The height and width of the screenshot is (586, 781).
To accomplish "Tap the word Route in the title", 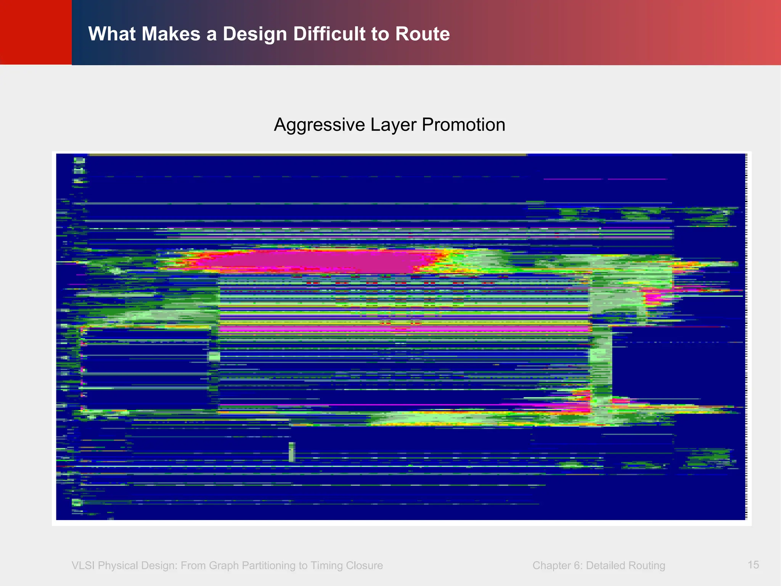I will pyautogui.click(x=423, y=34).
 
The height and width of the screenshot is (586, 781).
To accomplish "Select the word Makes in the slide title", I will pyautogui.click(x=171, y=34).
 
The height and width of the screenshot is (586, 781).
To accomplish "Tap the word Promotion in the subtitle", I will pyautogui.click(x=463, y=125).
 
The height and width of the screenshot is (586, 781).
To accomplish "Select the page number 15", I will pyautogui.click(x=753, y=565).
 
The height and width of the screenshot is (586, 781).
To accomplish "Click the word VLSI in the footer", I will pyautogui.click(x=83, y=566).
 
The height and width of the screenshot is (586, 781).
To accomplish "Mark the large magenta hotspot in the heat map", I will pyautogui.click(x=305, y=261).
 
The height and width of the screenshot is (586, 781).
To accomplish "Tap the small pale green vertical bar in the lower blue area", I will pyautogui.click(x=292, y=452).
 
